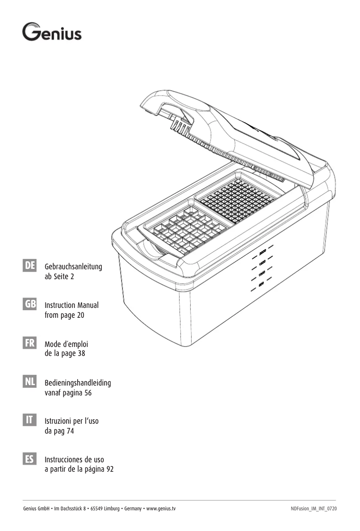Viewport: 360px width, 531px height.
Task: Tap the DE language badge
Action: [x=30, y=266]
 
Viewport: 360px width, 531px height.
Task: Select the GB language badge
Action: [x=30, y=304]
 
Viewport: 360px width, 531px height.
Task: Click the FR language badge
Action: [x=30, y=343]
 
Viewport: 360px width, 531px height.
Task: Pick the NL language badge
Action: [x=30, y=382]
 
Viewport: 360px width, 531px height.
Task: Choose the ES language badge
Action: [x=30, y=459]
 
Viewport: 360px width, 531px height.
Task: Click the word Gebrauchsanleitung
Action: [x=74, y=267]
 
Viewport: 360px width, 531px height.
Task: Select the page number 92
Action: [x=110, y=470]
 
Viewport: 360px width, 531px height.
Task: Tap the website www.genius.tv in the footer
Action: [x=161, y=509]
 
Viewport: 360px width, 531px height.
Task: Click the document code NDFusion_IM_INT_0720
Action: [x=314, y=509]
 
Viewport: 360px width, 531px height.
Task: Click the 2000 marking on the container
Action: [x=263, y=251]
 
